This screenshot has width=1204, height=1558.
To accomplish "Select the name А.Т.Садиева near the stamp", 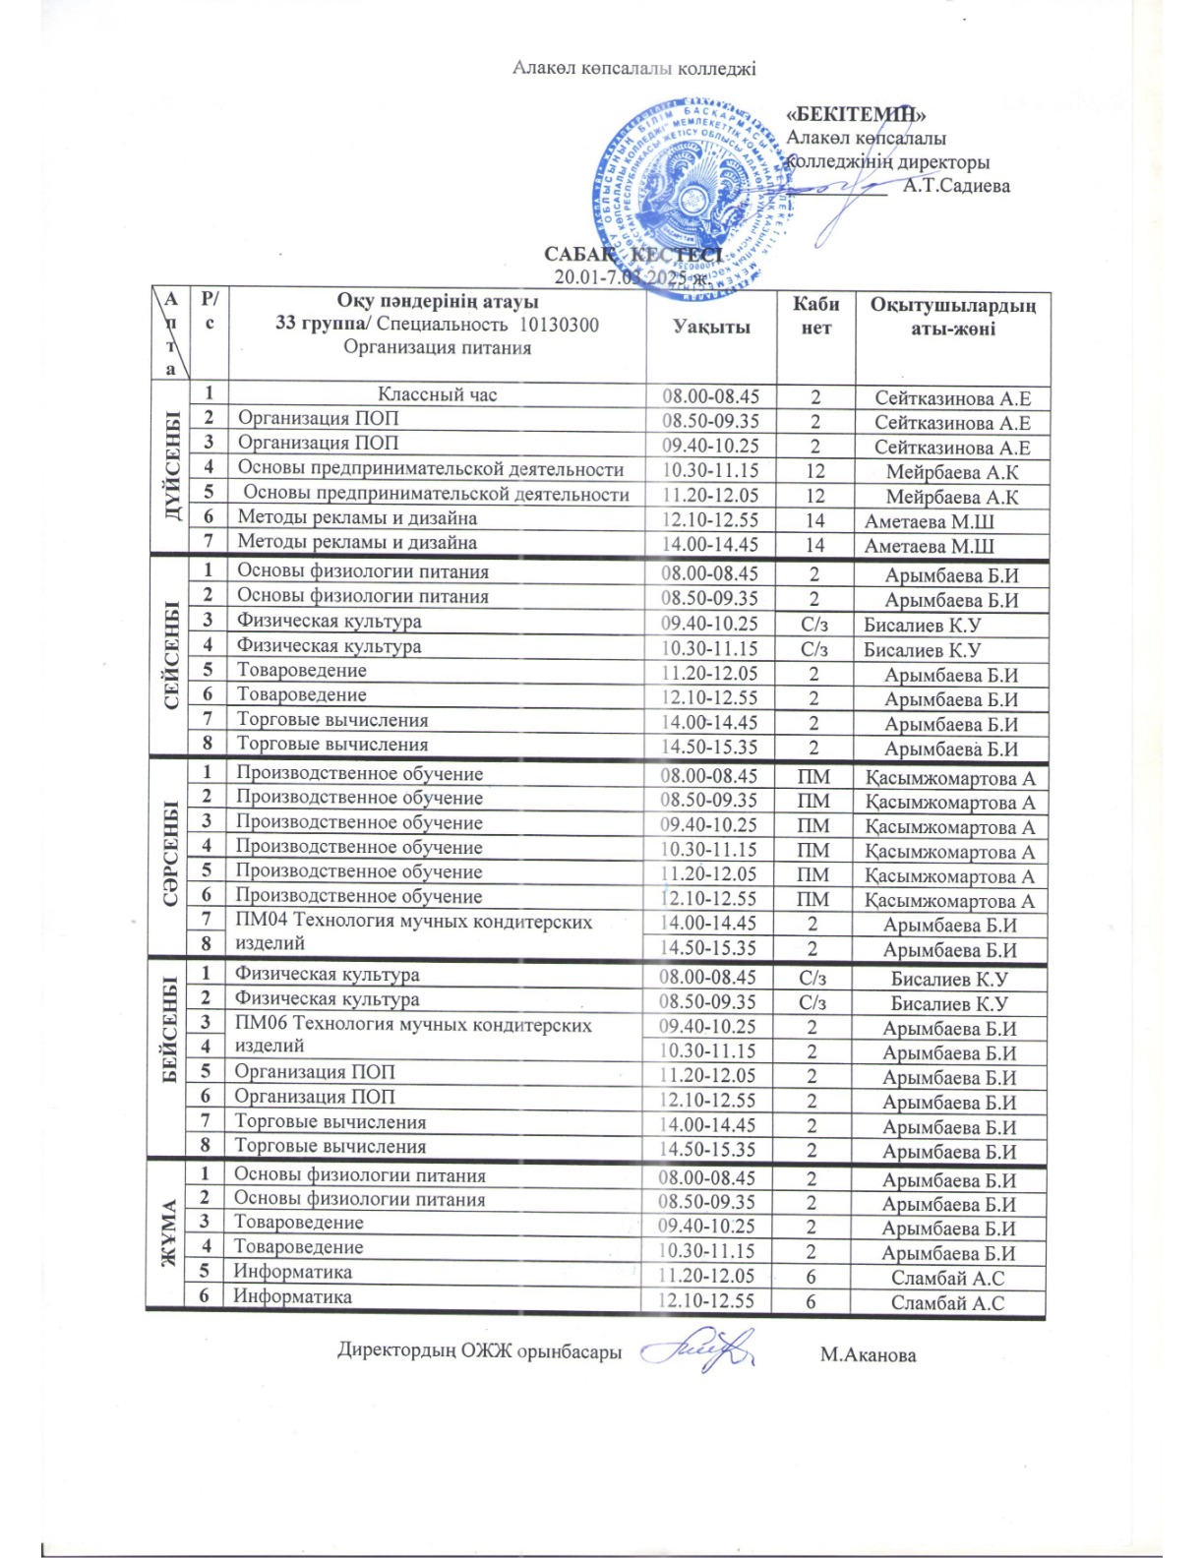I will pos(956,185).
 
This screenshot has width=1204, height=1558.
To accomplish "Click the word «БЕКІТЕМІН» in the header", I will pos(856,115).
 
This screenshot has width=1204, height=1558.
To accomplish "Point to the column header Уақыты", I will pos(710,327).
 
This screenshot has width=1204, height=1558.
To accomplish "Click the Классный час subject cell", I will pos(438,394).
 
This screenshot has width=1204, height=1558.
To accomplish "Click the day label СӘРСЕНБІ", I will pos(169,854).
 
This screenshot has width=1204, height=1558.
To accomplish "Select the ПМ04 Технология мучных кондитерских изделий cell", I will pos(413,932).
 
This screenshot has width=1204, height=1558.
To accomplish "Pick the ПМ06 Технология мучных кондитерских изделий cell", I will pos(413,1035).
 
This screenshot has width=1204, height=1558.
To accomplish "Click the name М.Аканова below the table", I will pos(868,1355).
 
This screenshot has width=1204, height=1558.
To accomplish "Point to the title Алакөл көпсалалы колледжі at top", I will pos(633,68).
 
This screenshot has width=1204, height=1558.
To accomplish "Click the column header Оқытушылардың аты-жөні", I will pos(952,317).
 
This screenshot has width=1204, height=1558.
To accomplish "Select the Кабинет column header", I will pos(815,316).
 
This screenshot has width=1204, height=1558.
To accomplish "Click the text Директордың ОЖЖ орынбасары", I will pos(479,1350).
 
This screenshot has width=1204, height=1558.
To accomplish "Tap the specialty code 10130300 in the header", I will pos(559,325).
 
